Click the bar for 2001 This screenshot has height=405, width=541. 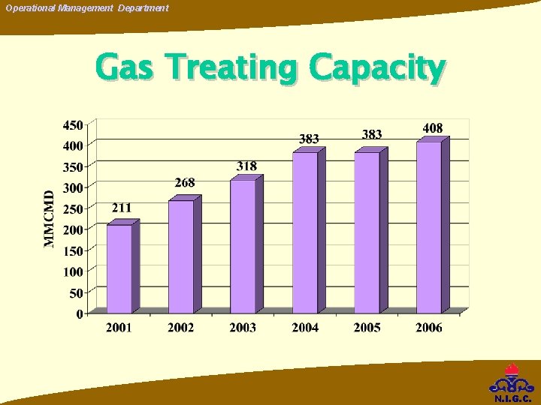click(119, 268)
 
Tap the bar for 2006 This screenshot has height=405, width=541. click(429, 226)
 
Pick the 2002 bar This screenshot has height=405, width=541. click(181, 256)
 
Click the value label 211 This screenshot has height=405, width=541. click(122, 208)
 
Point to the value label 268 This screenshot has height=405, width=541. click(185, 183)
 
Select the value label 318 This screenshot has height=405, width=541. click(246, 166)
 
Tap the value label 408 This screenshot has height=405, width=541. click(433, 128)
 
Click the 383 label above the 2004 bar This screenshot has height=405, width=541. click(309, 139)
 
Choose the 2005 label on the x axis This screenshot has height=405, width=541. click(367, 328)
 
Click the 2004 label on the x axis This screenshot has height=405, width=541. click(305, 328)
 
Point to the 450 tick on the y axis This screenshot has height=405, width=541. click(73, 124)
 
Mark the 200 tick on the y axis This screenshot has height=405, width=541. click(73, 229)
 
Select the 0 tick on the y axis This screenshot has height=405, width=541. click(80, 314)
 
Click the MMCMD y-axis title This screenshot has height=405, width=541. click(50, 217)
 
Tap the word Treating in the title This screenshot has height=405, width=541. click(236, 67)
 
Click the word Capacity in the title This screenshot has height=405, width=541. click(376, 68)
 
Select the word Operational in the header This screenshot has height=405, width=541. click(31, 8)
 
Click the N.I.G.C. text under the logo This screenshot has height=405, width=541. click(512, 398)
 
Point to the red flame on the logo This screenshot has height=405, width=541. click(512, 370)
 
